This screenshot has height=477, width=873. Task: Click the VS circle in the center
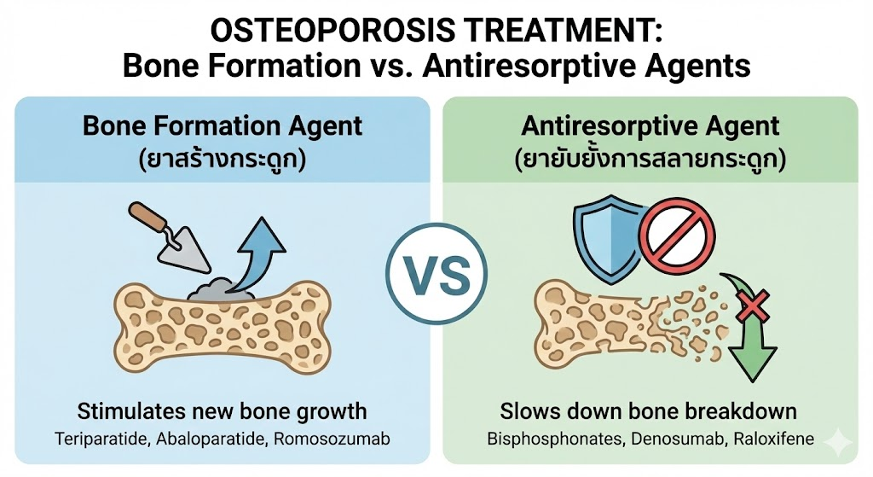[436, 274]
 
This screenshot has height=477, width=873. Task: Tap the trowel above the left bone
[170, 238]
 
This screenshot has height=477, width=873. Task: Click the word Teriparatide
[102, 439]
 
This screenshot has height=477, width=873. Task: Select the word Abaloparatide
[210, 439]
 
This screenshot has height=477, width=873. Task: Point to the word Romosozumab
[332, 439]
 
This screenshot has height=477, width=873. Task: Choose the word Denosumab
[678, 439]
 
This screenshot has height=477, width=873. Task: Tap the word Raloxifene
[774, 439]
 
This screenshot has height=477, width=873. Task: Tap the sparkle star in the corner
[838, 443]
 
